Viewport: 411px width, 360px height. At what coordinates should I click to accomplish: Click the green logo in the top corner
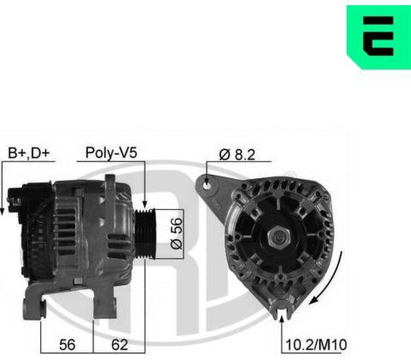pyautogui.click(x=378, y=37)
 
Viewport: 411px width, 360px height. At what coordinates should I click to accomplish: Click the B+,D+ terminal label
pyautogui.click(x=29, y=153)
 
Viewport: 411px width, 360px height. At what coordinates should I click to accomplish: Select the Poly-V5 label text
pyautogui.click(x=111, y=153)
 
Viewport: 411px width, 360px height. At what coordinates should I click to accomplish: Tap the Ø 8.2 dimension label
pyautogui.click(x=237, y=154)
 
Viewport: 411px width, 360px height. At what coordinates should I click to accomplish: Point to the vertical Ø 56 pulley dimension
pyautogui.click(x=176, y=233)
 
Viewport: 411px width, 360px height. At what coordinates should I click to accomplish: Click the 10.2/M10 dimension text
pyautogui.click(x=316, y=345)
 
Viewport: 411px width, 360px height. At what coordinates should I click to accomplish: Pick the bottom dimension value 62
pyautogui.click(x=120, y=345)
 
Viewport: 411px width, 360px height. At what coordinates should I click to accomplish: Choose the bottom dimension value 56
pyautogui.click(x=67, y=345)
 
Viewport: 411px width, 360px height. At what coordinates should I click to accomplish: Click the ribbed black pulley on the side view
pyautogui.click(x=145, y=234)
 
